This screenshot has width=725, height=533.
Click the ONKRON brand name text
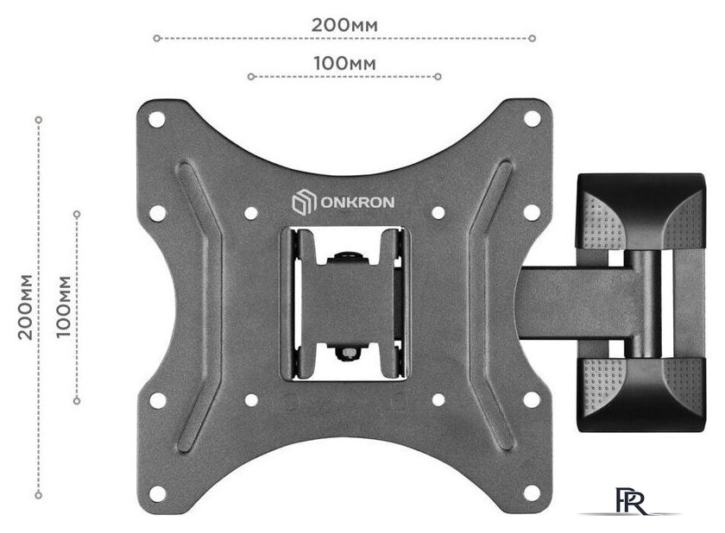tap(357, 203)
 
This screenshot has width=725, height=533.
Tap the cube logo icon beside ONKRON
tap(304, 203)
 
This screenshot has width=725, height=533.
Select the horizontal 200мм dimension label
tap(344, 25)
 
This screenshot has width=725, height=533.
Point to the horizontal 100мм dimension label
tap(344, 63)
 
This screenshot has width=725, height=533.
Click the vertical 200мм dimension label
tap(25, 307)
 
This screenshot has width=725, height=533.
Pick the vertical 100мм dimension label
tap(64, 307)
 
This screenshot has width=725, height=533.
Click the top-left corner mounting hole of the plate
tap(157, 119)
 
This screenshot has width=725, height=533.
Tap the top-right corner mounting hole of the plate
tap(533, 119)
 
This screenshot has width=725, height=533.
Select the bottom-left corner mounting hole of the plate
tap(157, 493)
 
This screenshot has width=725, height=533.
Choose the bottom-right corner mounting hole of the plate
tap(532, 493)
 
